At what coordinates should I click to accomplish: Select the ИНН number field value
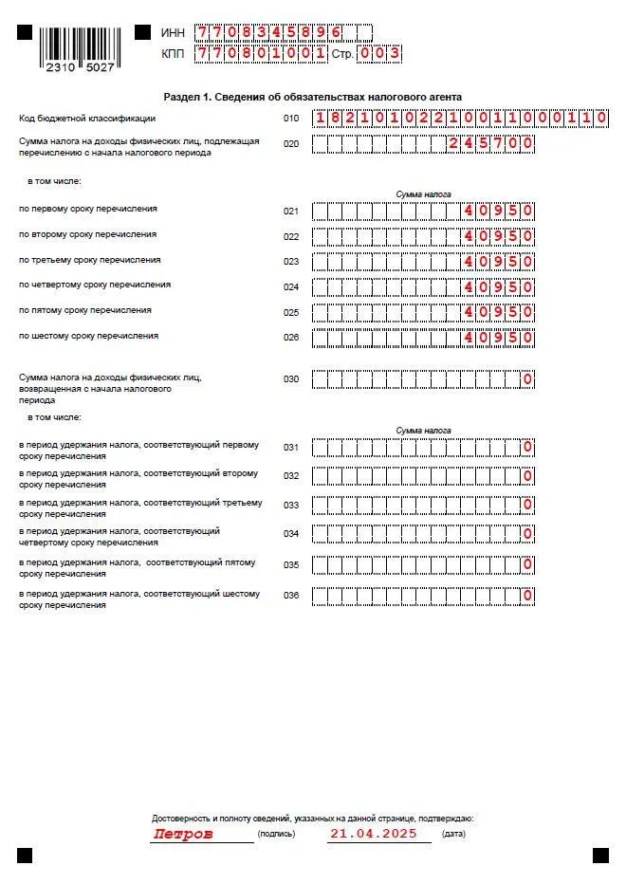(x=268, y=33)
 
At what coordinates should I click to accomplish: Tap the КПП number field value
(x=261, y=54)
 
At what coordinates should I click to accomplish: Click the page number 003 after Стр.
(x=380, y=54)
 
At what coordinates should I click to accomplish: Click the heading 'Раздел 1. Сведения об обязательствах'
(x=313, y=97)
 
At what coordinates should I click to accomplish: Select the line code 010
(x=291, y=119)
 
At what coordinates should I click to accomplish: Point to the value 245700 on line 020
(x=490, y=144)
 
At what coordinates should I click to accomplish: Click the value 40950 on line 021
(x=499, y=211)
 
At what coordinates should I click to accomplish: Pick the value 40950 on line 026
(x=499, y=338)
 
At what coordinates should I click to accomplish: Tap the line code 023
(x=291, y=262)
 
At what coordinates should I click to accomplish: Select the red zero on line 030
(x=527, y=379)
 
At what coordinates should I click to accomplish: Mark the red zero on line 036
(x=527, y=596)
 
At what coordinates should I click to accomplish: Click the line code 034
(x=291, y=534)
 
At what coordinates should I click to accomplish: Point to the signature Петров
(x=183, y=835)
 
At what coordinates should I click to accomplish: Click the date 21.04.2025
(x=372, y=835)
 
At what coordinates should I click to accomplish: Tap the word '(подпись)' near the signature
(x=276, y=835)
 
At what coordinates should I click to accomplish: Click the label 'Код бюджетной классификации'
(x=87, y=119)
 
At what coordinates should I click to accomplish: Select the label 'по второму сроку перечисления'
(x=75, y=234)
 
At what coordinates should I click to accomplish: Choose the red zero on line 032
(x=527, y=476)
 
